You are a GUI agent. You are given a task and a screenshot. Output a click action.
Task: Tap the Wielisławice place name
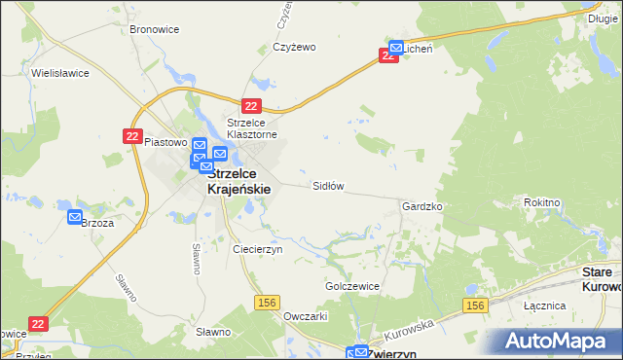pyautogui.click(x=60, y=73)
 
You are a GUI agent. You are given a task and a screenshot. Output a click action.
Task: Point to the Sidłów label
pyautogui.click(x=328, y=185)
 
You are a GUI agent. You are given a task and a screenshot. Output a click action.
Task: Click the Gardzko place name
pyautogui.click(x=422, y=207)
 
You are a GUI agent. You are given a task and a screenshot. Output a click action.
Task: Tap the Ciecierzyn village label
pyautogui.click(x=257, y=249)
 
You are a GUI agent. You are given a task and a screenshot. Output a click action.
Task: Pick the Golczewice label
pyautogui.click(x=351, y=287)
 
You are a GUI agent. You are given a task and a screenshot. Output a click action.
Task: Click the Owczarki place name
pyautogui.click(x=305, y=317)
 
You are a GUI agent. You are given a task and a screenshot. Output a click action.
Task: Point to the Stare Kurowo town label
pyautogui.click(x=602, y=280)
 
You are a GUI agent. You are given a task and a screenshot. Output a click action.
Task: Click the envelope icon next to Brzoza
pyautogui.click(x=75, y=218)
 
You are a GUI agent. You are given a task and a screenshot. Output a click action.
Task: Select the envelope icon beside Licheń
pyautogui.click(x=396, y=47)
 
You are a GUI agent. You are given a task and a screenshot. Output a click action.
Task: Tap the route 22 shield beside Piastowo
pyautogui.click(x=133, y=137)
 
